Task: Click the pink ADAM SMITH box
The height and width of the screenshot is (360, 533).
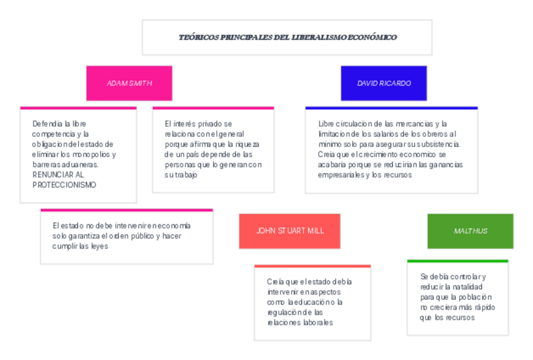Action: tap(129, 83)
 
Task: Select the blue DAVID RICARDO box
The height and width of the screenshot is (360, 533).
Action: tap(383, 83)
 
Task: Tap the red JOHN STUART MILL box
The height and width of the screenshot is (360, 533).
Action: tap(290, 231)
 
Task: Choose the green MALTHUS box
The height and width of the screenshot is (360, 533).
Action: tap(470, 231)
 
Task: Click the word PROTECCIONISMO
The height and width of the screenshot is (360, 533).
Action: tap(64, 185)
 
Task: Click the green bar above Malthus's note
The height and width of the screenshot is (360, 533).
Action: tap(457, 261)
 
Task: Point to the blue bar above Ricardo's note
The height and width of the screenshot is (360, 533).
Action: tap(391, 108)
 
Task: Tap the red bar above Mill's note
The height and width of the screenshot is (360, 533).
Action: tap(312, 266)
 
